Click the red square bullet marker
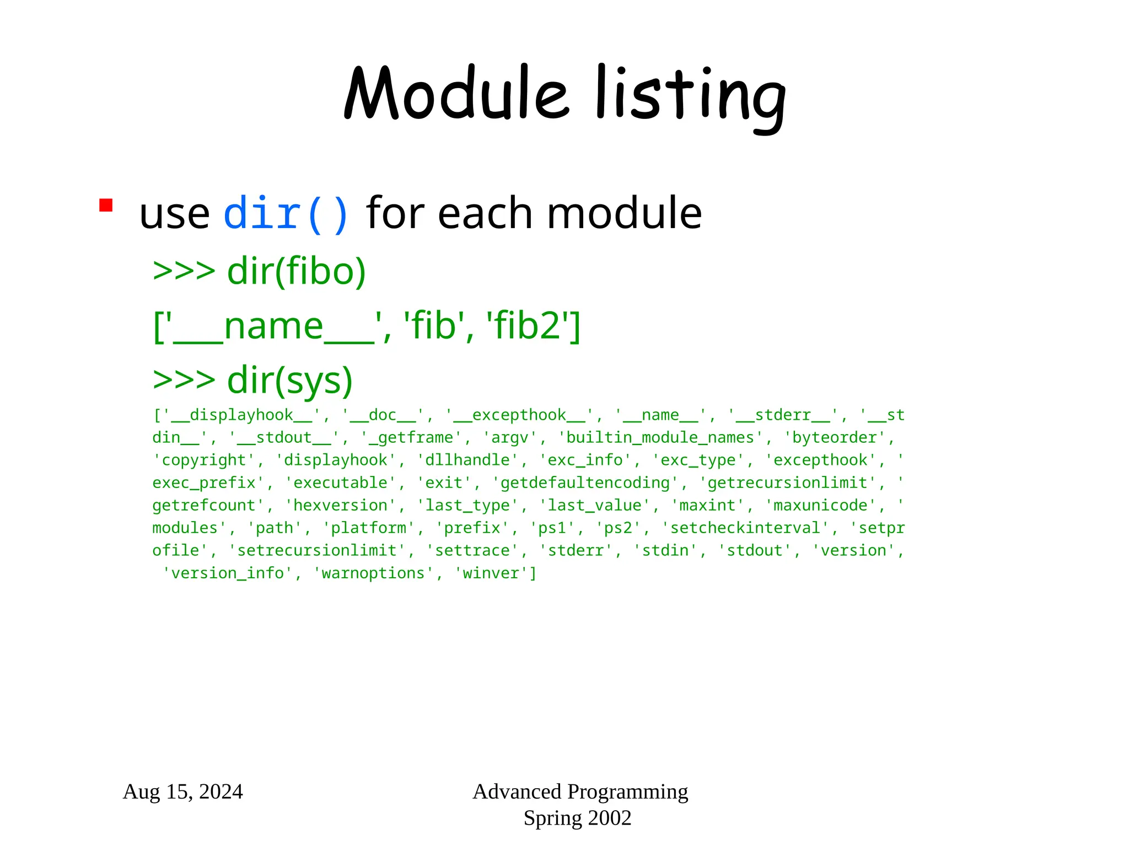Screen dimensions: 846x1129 pos(106,205)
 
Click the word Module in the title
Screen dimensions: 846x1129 pos(456,94)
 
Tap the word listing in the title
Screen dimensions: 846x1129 pos(691,96)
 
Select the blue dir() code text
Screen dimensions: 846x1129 pos(286,214)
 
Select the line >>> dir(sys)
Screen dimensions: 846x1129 pos(252,380)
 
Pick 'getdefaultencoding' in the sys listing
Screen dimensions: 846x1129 pos(585,483)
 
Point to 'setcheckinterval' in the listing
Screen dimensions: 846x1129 pos(745,528)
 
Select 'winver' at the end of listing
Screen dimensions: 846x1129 pos(491,573)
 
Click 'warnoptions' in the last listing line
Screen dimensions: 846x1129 pos(373,573)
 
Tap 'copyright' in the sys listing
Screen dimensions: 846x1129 pos(203,460)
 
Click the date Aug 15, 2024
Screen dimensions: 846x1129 pos(182,791)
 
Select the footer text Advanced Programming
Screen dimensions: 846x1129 pos(580,791)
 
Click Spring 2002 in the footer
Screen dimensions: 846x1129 pos(577,818)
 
